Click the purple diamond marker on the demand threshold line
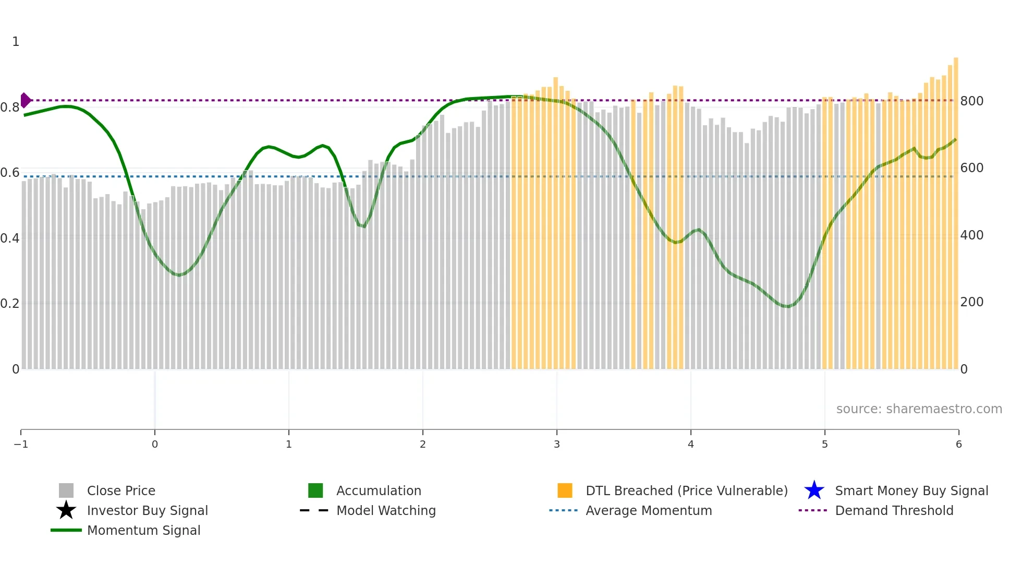click(25, 100)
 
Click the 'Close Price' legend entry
click(121, 490)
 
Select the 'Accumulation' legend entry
click(379, 490)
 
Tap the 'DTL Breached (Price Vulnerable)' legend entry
click(686, 490)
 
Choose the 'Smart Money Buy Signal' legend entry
click(911, 490)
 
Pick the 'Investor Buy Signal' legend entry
click(147, 510)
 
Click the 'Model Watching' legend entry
click(386, 510)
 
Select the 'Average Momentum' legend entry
click(649, 510)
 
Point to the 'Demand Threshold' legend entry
click(894, 510)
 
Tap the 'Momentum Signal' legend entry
click(143, 530)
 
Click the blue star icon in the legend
click(814, 490)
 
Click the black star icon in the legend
click(66, 510)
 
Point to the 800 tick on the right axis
click(971, 101)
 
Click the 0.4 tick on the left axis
click(10, 238)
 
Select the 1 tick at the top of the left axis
click(16, 42)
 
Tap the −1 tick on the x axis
click(21, 445)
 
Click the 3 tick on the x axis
click(557, 445)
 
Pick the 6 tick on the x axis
click(958, 445)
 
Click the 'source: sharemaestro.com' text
click(919, 409)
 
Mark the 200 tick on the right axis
click(971, 302)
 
